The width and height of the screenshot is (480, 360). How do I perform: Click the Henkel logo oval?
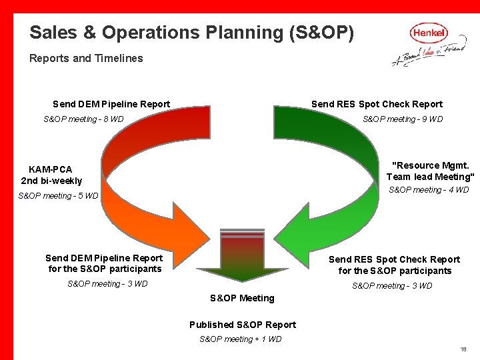pyautogui.click(x=429, y=32)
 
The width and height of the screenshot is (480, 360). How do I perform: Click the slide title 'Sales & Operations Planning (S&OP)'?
pyautogui.click(x=192, y=32)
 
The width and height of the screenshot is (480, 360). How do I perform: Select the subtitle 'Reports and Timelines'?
pyautogui.click(x=86, y=58)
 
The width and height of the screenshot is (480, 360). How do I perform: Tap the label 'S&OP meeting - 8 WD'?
pyautogui.click(x=83, y=119)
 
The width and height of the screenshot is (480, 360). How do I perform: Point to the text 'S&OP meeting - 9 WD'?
pyautogui.click(x=403, y=119)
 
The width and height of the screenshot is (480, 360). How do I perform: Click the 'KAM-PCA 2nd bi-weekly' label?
pyautogui.click(x=51, y=175)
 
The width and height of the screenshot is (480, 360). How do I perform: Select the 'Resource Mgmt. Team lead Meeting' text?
pyautogui.click(x=430, y=171)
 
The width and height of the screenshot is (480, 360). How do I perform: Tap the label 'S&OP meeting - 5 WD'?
pyautogui.click(x=58, y=196)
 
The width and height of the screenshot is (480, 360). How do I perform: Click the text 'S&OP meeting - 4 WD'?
pyautogui.click(x=429, y=190)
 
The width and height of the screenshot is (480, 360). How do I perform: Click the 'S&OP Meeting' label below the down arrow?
pyautogui.click(x=242, y=298)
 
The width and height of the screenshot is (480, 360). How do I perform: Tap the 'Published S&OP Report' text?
pyautogui.click(x=243, y=325)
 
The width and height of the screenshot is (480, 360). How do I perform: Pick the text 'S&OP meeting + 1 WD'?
pyautogui.click(x=241, y=339)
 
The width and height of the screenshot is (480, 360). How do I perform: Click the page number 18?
pyautogui.click(x=463, y=349)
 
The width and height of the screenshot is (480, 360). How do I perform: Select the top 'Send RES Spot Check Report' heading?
pyautogui.click(x=377, y=104)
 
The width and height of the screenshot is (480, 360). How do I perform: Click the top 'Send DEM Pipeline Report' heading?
pyautogui.click(x=111, y=104)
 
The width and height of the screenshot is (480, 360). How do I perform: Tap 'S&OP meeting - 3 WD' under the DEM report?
pyautogui.click(x=107, y=284)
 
